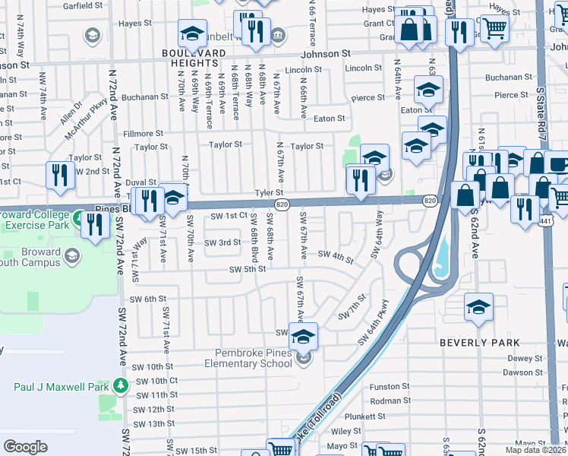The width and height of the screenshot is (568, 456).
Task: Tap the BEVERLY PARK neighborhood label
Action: point(480,343)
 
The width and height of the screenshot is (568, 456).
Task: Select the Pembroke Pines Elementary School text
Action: point(248,359)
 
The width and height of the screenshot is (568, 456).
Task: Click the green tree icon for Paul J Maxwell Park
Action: point(120,386)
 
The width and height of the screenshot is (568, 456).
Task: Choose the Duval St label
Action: point(141,182)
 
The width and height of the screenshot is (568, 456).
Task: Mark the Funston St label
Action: point(390,386)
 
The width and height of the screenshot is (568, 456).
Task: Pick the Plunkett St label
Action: point(387,416)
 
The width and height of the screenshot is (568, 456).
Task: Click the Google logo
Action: point(26,446)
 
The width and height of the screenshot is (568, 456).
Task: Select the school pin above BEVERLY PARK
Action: point(478,307)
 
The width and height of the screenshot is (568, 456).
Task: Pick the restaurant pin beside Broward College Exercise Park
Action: point(95,224)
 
